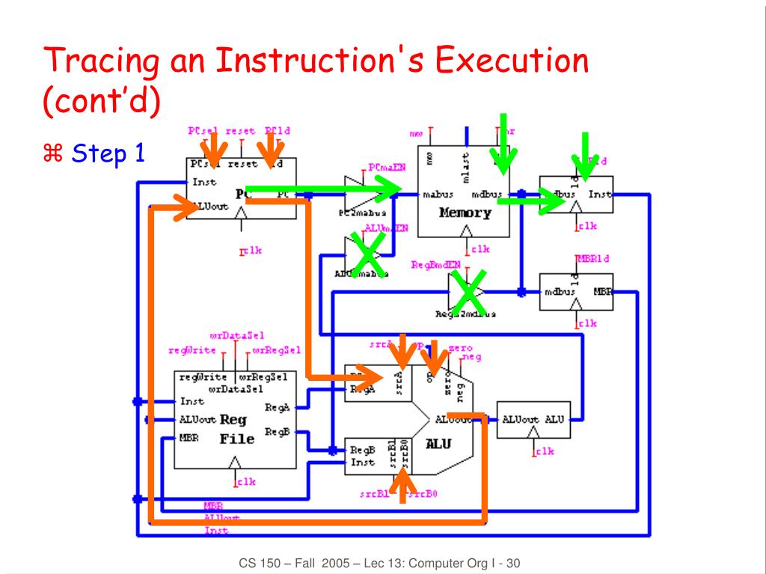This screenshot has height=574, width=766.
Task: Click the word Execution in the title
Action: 512,60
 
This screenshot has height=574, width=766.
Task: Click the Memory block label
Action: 465,213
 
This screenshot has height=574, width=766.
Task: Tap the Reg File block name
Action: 237,430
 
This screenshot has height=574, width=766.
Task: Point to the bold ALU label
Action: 438,444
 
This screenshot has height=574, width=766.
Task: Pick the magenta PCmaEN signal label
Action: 387,168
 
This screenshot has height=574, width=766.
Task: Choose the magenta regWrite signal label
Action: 192,349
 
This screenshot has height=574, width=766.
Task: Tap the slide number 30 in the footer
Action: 513,563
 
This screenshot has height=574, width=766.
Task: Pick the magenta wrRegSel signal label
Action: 277,349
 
